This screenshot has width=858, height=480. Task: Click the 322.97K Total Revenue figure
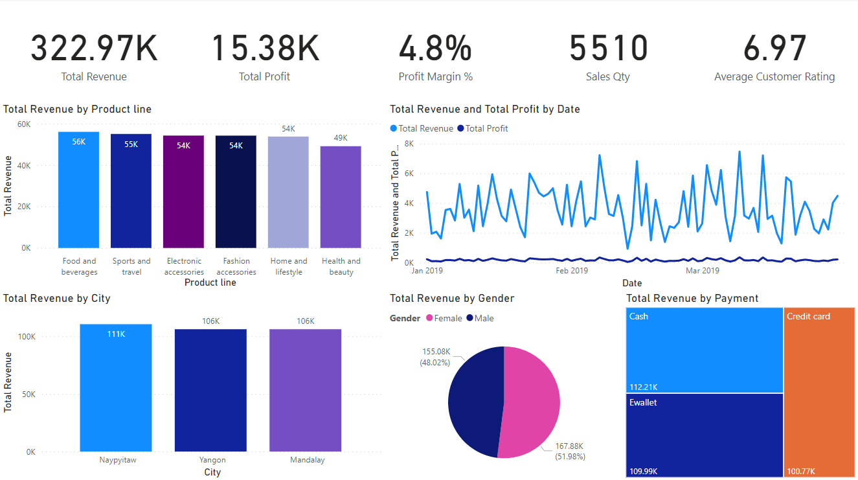coord(94,49)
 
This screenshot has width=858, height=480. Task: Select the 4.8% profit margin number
coord(435,49)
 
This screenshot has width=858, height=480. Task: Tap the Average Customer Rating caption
coord(774,76)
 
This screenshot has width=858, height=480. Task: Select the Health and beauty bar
coord(341,201)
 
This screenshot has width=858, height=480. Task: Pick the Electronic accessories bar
coord(183,194)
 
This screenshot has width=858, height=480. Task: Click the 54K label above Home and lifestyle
coord(288,129)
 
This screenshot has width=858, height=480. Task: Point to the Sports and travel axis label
coord(131,266)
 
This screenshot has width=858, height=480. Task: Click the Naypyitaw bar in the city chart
coord(116,389)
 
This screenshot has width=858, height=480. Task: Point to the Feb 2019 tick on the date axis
coord(572,270)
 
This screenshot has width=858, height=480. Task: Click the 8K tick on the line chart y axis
coord(409,144)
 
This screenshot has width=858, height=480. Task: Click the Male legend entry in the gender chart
coord(484,318)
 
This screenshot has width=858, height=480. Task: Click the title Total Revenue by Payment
coord(692,298)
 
